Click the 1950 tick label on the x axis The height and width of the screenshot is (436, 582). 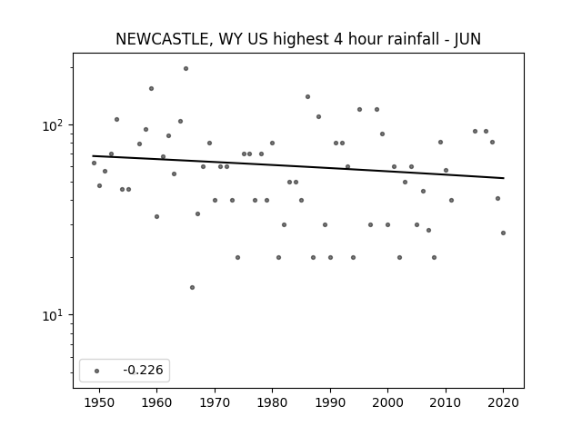click(x=99, y=402)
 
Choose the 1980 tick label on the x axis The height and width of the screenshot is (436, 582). click(x=272, y=402)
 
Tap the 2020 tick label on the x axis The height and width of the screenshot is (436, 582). click(x=503, y=402)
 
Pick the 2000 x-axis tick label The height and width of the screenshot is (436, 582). click(x=388, y=402)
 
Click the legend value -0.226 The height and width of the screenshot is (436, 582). click(x=143, y=370)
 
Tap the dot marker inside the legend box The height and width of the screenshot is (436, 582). click(x=97, y=371)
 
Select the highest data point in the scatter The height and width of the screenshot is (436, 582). click(x=186, y=69)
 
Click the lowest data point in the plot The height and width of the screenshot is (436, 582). click(x=192, y=287)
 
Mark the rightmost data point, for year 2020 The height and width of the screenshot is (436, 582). click(x=503, y=233)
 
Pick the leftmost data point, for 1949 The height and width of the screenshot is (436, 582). click(x=94, y=163)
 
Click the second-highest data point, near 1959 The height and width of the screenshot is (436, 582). click(x=152, y=89)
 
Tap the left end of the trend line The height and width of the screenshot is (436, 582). click(x=93, y=155)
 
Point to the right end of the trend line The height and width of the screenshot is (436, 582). click(x=504, y=178)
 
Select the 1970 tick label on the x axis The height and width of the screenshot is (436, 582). click(x=215, y=402)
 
